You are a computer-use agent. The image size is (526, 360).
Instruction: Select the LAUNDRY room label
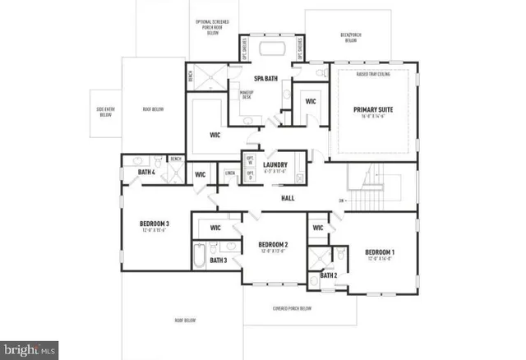275,165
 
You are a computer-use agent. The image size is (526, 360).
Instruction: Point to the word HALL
288,198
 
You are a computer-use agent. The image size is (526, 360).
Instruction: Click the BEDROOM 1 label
380,252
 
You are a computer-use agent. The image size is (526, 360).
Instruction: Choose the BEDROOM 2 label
272,245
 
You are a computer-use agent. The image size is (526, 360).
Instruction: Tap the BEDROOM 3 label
154,224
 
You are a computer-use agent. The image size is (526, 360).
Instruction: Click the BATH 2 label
328,275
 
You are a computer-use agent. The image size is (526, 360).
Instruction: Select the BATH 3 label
217,261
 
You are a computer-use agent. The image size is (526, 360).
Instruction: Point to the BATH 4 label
147,172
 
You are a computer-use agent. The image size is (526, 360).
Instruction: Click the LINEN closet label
230,173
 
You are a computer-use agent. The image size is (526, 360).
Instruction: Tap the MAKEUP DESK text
246,94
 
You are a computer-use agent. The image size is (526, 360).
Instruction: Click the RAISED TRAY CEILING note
372,72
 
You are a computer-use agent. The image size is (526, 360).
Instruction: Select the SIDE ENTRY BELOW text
105,111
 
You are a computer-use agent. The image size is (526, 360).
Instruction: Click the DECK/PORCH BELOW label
350,36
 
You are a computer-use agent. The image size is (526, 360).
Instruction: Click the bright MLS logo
30,349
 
